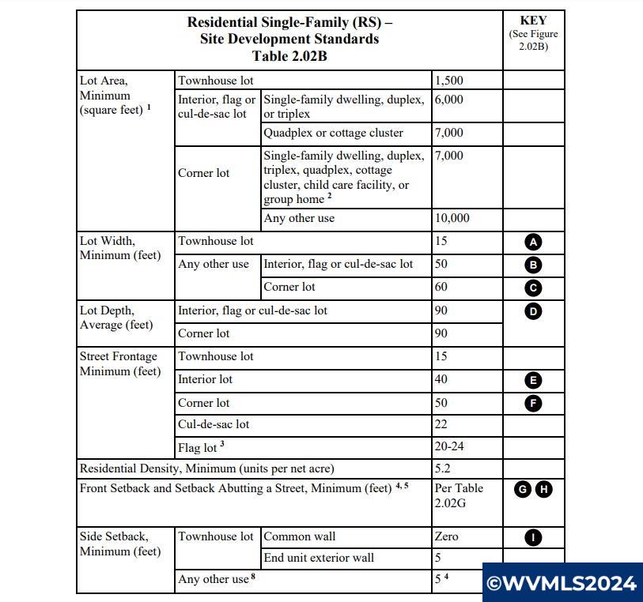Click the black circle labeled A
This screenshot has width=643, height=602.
pyautogui.click(x=534, y=242)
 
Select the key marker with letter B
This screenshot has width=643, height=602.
pyautogui.click(x=534, y=265)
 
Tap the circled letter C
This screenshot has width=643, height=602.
pyautogui.click(x=534, y=288)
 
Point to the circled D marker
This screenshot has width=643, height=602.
pyautogui.click(x=534, y=311)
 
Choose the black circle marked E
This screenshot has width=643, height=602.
pyautogui.click(x=534, y=380)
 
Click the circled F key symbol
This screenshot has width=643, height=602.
pyautogui.click(x=534, y=403)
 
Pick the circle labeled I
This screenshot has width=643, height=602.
pyautogui.click(x=534, y=538)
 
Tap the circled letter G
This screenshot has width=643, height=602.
pyautogui.click(x=522, y=489)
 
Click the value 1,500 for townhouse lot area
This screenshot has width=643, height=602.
pyautogui.click(x=449, y=81)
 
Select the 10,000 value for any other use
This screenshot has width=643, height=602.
pyautogui.click(x=452, y=218)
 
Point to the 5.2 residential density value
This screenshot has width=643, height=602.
pyautogui.click(x=444, y=468)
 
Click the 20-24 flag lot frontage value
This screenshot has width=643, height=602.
pyautogui.click(x=449, y=446)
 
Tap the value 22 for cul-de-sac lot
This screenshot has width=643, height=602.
pyautogui.click(x=441, y=424)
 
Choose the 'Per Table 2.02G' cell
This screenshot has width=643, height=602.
pyautogui.click(x=459, y=495)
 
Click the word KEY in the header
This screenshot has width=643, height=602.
pyautogui.click(x=533, y=21)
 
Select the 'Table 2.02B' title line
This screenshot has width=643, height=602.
pyautogui.click(x=289, y=56)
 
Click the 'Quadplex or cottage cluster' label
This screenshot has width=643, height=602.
pyautogui.click(x=333, y=133)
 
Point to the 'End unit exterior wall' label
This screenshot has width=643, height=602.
pyautogui.click(x=319, y=558)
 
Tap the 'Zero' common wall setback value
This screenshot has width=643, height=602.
pyautogui.click(x=447, y=536)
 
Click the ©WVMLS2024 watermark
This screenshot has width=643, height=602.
pyautogui.click(x=562, y=584)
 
